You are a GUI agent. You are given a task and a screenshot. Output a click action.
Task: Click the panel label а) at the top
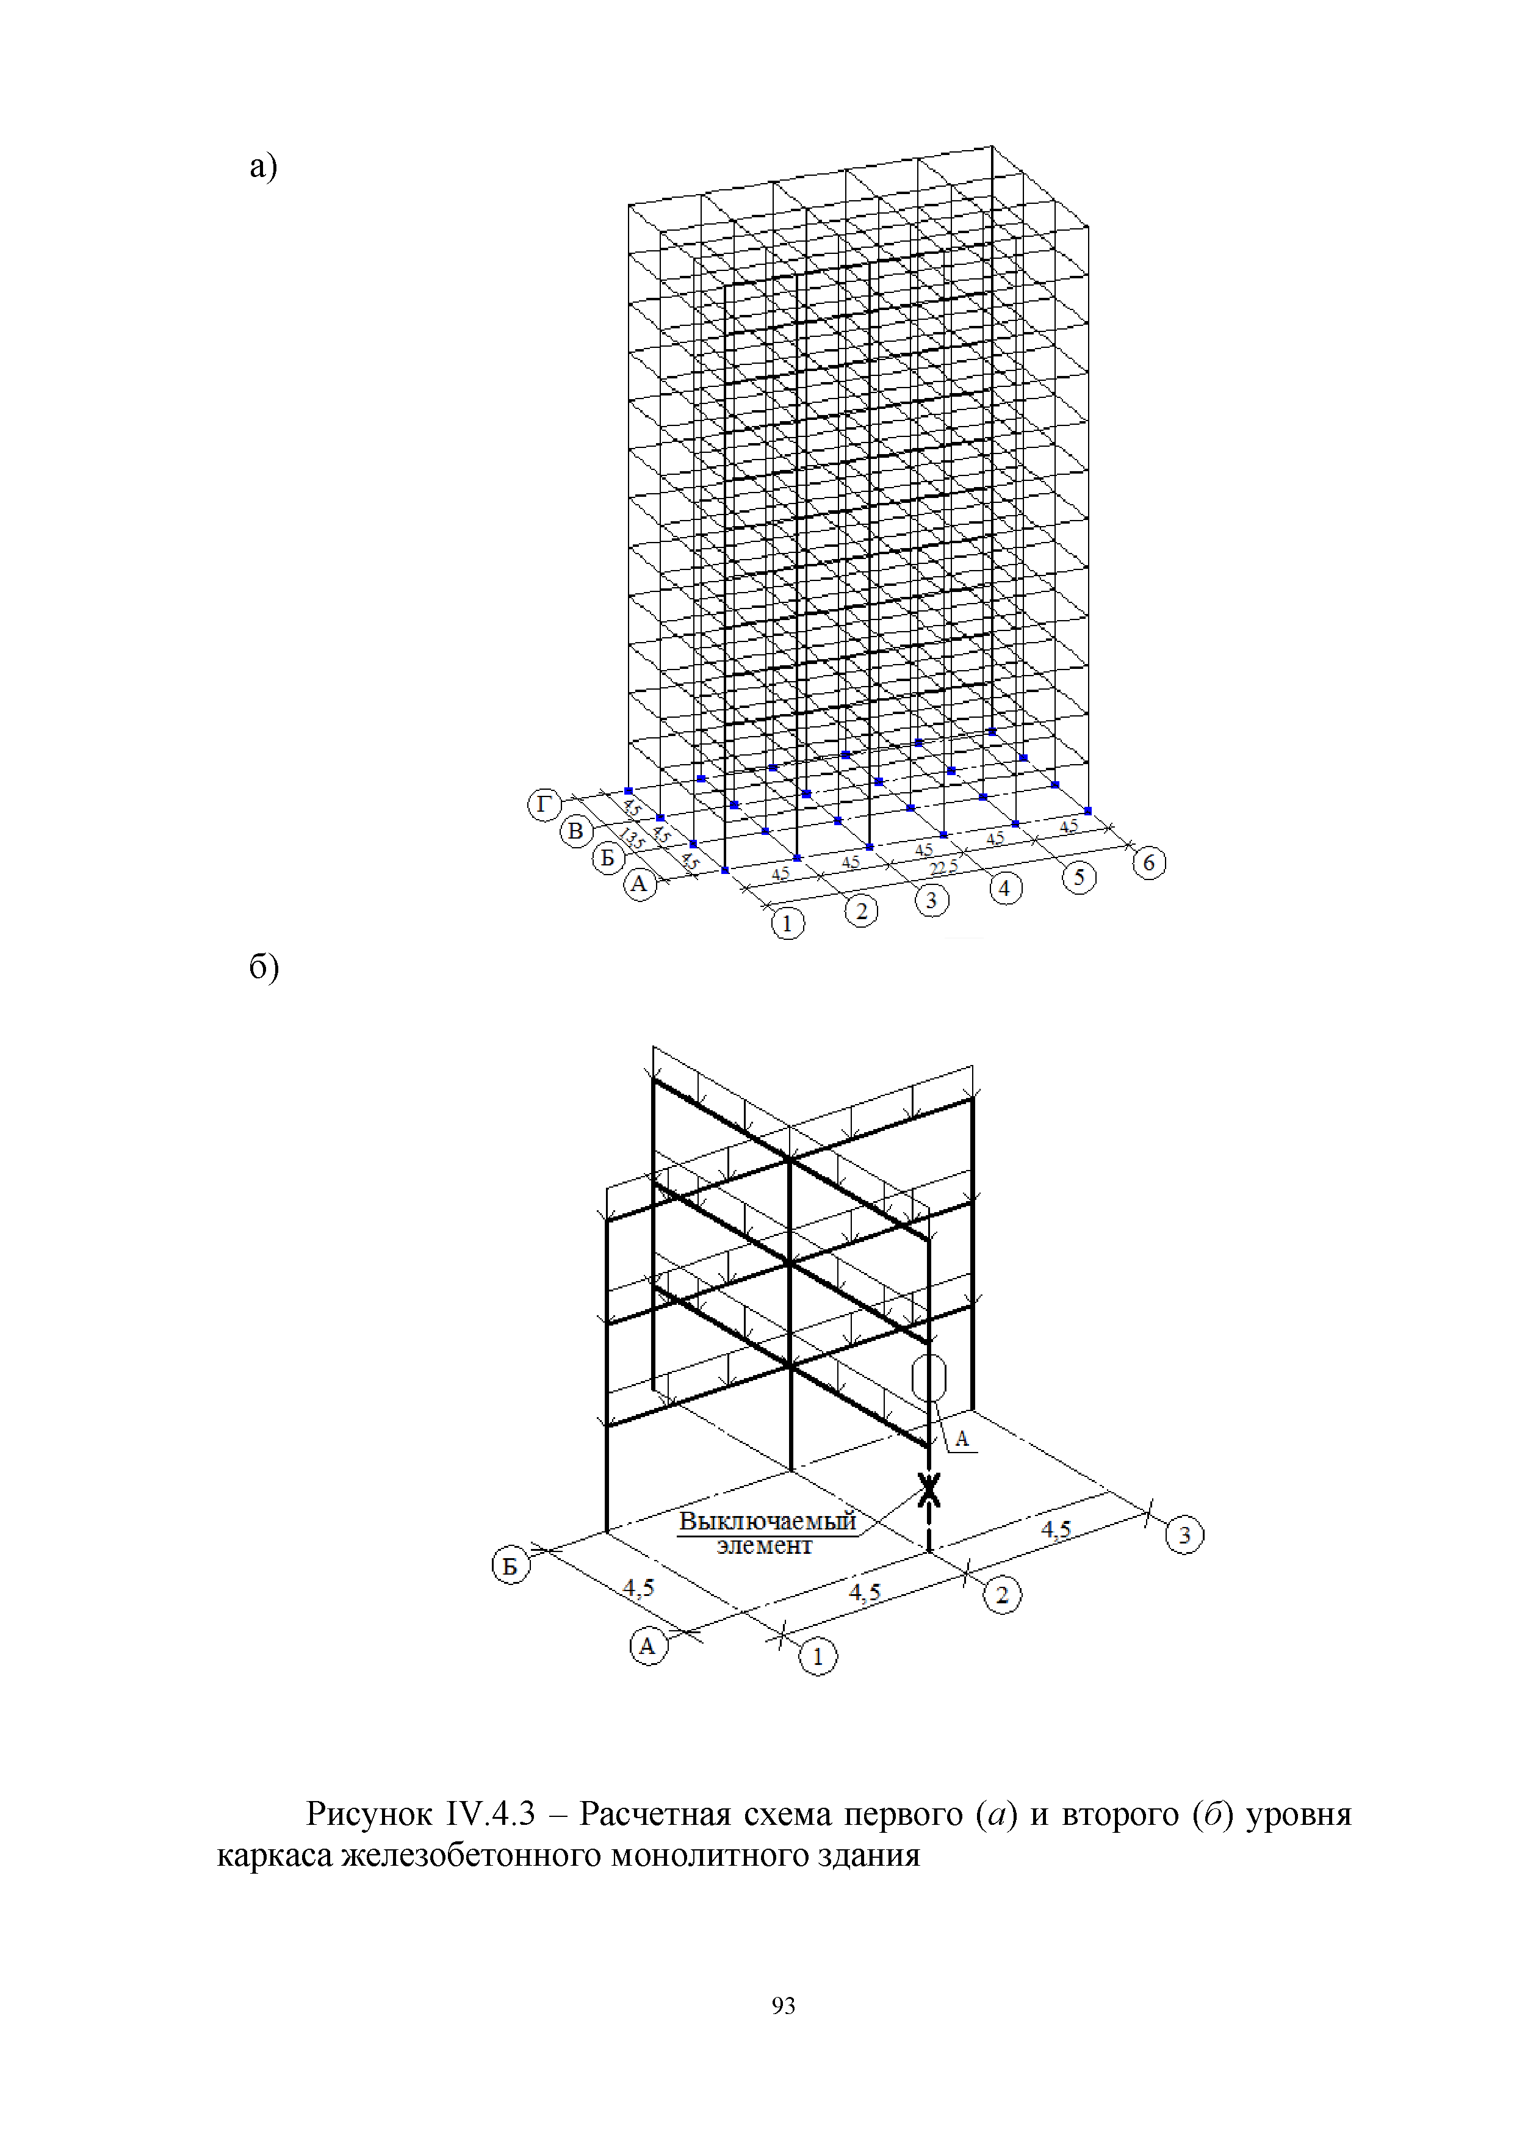[263, 167]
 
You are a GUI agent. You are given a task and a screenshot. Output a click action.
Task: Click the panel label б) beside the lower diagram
[264, 967]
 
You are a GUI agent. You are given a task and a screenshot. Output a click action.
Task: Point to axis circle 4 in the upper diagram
[1005, 889]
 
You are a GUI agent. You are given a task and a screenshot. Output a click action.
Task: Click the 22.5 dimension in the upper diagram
[943, 868]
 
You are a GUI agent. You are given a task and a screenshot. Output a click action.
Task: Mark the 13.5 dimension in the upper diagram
[632, 839]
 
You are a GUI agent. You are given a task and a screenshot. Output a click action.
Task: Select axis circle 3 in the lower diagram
[1184, 1535]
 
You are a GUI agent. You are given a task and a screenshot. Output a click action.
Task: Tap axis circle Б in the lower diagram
[510, 1565]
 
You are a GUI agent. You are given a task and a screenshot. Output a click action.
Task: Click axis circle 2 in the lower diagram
[1002, 1595]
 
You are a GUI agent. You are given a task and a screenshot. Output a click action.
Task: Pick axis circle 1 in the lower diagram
[818, 1656]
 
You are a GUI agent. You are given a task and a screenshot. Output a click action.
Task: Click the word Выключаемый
[766, 1521]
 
